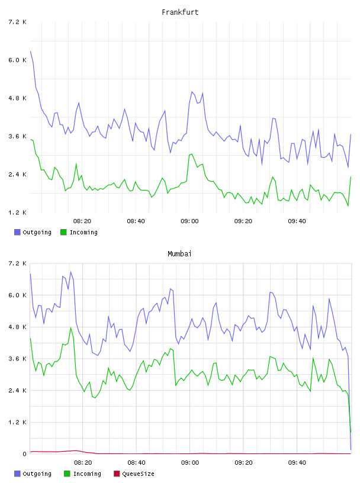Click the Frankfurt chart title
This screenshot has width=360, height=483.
[x=180, y=12]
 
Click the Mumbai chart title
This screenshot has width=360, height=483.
[x=179, y=253]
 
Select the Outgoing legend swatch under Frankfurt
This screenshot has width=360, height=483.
[x=17, y=232]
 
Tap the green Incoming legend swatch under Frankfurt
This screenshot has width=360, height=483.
[x=63, y=232]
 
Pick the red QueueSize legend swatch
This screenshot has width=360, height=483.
[x=117, y=474]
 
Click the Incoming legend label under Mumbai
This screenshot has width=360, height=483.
[x=87, y=474]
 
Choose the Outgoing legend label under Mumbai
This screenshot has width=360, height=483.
[x=37, y=474]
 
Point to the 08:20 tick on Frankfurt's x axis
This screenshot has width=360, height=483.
[x=82, y=221]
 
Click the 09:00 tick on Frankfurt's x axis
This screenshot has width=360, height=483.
[x=189, y=221]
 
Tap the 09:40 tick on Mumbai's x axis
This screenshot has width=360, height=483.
[x=297, y=463]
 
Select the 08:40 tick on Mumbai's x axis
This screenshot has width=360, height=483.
[x=136, y=463]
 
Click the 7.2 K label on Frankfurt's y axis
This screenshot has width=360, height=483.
[x=18, y=22]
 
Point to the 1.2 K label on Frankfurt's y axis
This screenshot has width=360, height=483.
[x=18, y=212]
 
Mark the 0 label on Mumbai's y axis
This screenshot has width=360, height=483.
[x=24, y=454]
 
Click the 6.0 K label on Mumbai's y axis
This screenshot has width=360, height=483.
[x=18, y=295]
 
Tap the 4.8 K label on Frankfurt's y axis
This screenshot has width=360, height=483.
[x=18, y=98]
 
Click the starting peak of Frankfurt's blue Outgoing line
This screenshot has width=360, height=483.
[x=31, y=51]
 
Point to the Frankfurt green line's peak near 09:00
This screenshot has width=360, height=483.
[x=192, y=154]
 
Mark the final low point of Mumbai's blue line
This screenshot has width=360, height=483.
[x=351, y=450]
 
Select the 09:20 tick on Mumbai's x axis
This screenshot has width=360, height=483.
[x=243, y=463]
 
